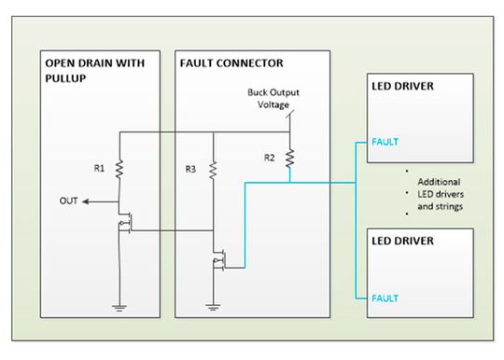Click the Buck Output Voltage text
click(273, 99)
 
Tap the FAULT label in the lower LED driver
click(385, 298)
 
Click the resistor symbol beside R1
click(120, 168)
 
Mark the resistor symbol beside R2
click(290, 159)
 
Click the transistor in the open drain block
click(123, 225)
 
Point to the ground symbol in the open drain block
click(120, 305)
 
